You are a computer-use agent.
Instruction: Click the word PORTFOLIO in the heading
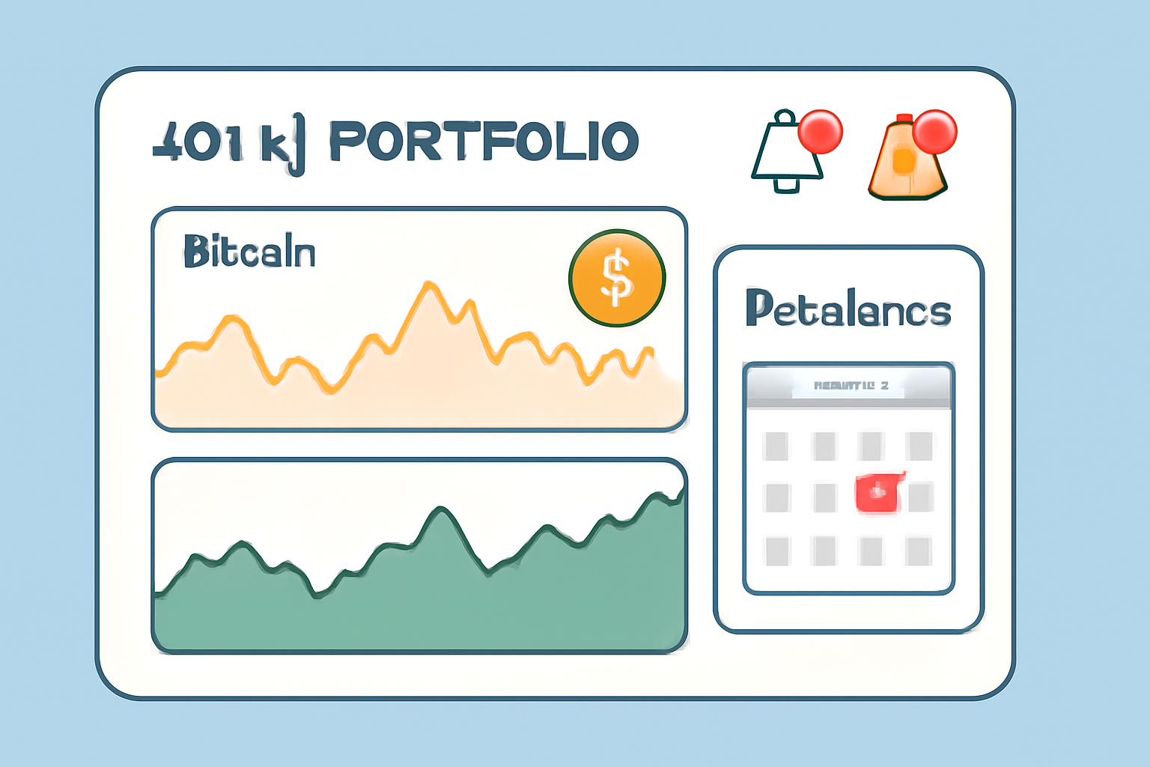484,142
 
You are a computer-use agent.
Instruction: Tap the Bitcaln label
249,252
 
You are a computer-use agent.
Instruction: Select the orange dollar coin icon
617,278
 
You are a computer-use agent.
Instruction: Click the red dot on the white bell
821,131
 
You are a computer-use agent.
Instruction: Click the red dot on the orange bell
934,131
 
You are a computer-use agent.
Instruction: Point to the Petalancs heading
848,309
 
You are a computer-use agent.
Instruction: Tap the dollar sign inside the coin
617,278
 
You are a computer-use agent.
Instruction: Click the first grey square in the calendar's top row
776,446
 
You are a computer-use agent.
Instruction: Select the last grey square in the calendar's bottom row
918,552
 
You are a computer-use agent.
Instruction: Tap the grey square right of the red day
920,497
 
